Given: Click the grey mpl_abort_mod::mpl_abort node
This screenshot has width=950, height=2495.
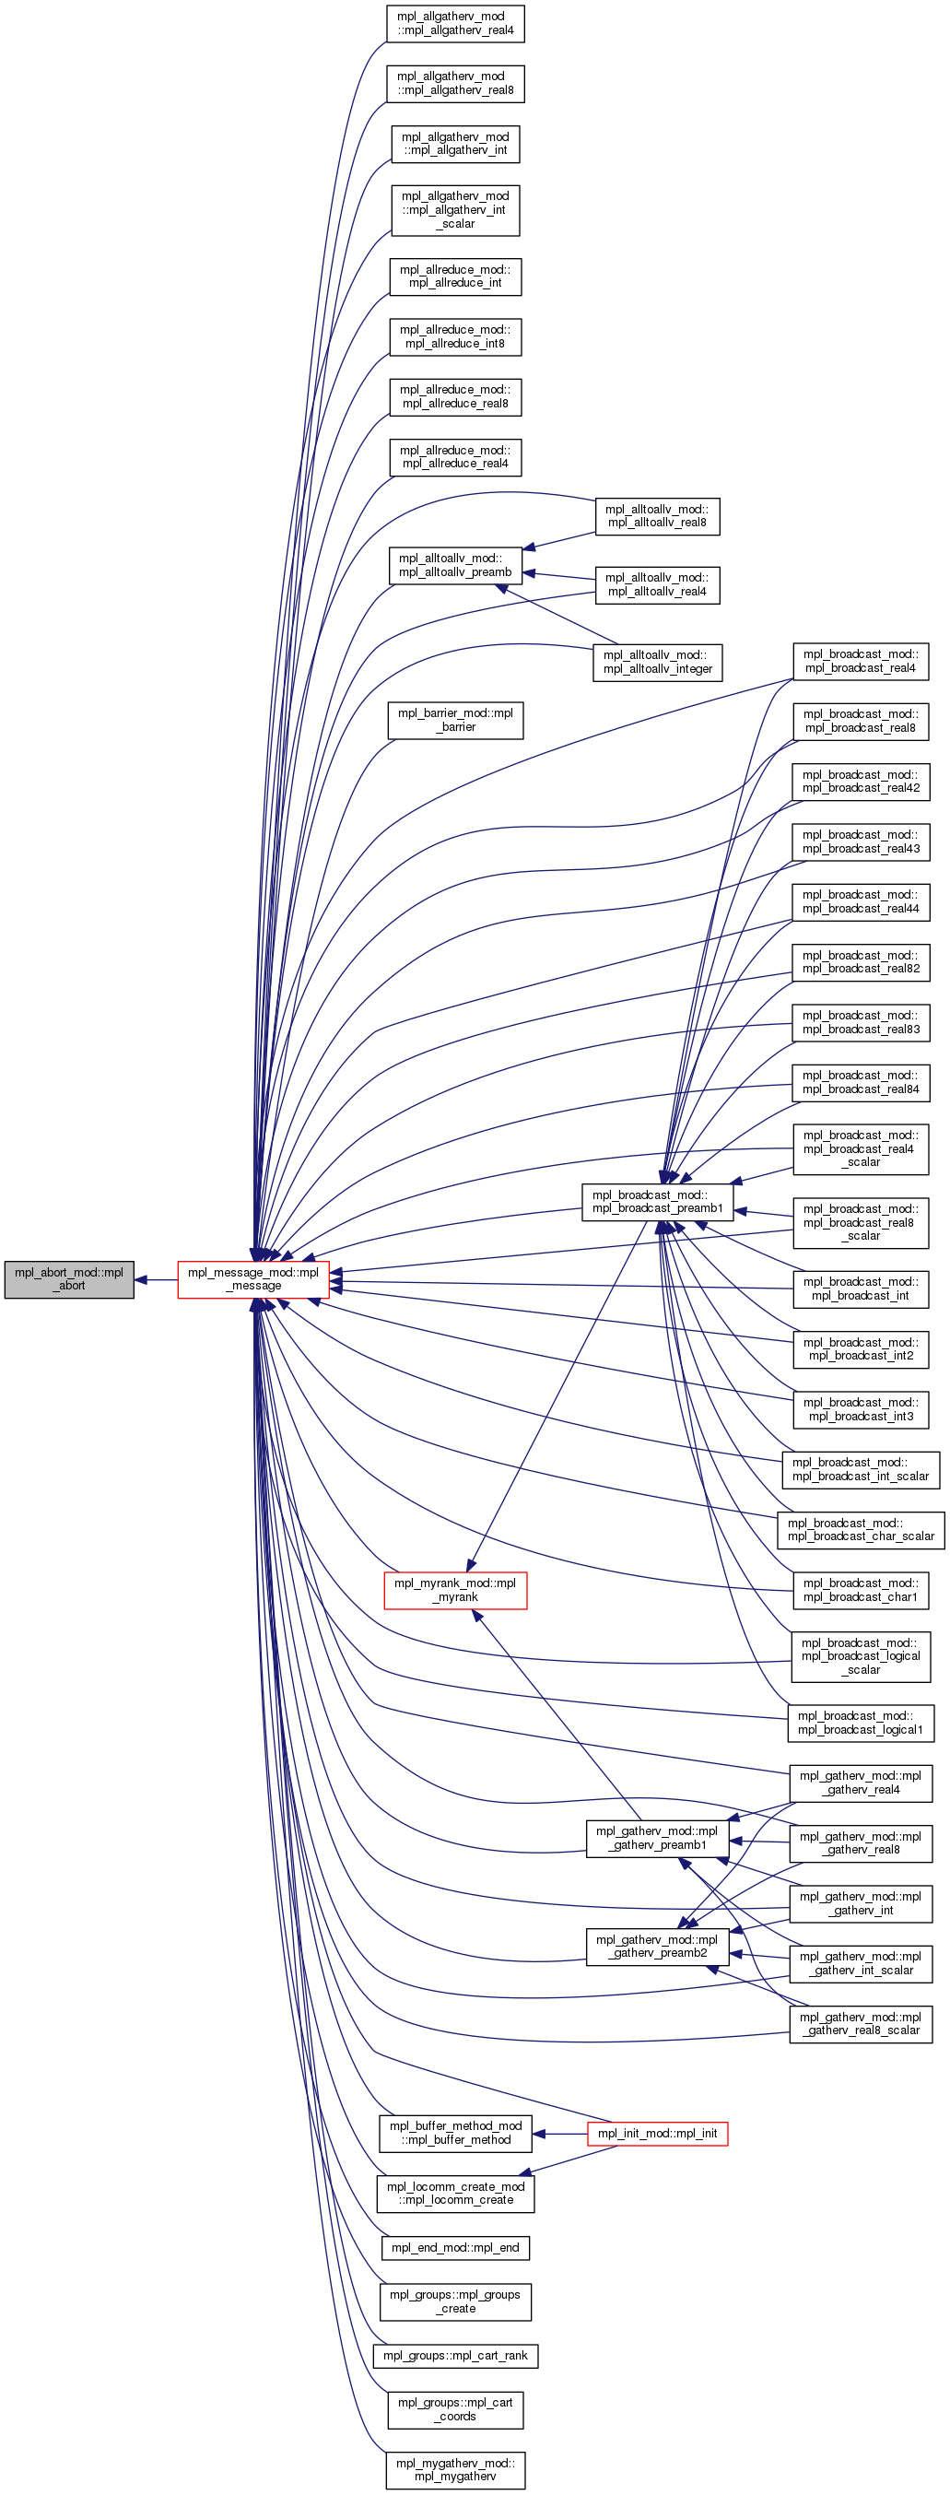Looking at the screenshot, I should [69, 1279].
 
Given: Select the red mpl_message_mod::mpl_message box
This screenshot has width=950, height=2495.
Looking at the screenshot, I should [253, 1279].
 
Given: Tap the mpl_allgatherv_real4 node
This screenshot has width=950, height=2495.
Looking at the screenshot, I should [455, 23].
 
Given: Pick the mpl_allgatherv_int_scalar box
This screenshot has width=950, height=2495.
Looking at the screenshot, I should [455, 210].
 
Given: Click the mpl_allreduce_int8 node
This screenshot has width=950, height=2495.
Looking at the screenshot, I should [455, 337].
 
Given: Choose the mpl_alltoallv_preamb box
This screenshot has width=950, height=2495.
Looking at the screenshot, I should [455, 566].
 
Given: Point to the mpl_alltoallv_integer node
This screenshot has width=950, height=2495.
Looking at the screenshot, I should [658, 663].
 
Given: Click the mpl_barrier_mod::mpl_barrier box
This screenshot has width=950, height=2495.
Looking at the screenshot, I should [455, 721].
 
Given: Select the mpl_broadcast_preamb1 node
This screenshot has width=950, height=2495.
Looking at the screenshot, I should [658, 1202].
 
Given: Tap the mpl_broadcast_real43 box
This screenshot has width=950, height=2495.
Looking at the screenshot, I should [861, 841].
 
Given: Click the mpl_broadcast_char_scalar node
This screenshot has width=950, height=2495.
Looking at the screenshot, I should [861, 1529].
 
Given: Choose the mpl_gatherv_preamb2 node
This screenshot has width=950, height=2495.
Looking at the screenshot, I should [658, 1946].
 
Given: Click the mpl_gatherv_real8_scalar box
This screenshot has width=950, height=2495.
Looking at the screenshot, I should [861, 2024].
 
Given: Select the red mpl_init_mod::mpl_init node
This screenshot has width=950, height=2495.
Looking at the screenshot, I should [658, 2134].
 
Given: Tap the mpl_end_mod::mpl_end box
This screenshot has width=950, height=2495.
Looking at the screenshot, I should [455, 2248].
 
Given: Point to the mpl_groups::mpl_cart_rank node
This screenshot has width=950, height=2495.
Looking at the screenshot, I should [455, 2356].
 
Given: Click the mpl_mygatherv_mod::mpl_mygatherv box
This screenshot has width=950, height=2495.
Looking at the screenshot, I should [455, 2470].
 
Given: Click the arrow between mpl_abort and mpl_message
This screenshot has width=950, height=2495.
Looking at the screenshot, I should [155, 1279].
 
